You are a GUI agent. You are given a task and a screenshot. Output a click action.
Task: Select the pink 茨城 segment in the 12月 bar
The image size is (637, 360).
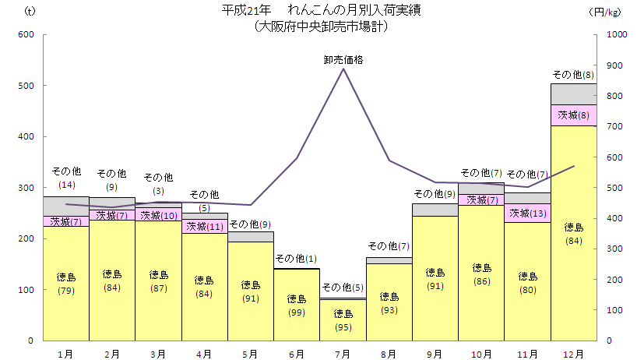pyautogui.click(x=574, y=115)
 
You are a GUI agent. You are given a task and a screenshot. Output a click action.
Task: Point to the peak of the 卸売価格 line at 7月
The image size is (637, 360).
pyautogui.click(x=343, y=69)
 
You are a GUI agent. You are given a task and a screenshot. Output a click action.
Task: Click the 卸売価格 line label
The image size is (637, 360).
pyautogui.click(x=343, y=59)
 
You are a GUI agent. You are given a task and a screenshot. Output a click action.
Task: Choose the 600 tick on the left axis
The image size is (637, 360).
pyautogui.click(x=27, y=35)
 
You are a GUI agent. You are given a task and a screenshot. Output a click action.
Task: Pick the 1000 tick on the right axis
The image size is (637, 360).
pyautogui.click(x=616, y=35)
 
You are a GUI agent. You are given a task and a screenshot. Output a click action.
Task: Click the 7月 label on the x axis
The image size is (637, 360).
pyautogui.click(x=343, y=354)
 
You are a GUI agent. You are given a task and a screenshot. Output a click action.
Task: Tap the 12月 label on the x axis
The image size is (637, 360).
pyautogui.click(x=574, y=354)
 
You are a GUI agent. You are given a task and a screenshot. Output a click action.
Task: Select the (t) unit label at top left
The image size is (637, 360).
pyautogui.click(x=30, y=12)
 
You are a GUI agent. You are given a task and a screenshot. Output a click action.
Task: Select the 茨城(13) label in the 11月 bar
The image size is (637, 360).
pyautogui.click(x=528, y=213)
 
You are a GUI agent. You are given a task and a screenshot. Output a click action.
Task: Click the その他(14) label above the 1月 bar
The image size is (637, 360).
pyautogui.click(x=66, y=178)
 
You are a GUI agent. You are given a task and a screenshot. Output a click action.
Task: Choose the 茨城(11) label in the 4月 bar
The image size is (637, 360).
pyautogui.click(x=204, y=227)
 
